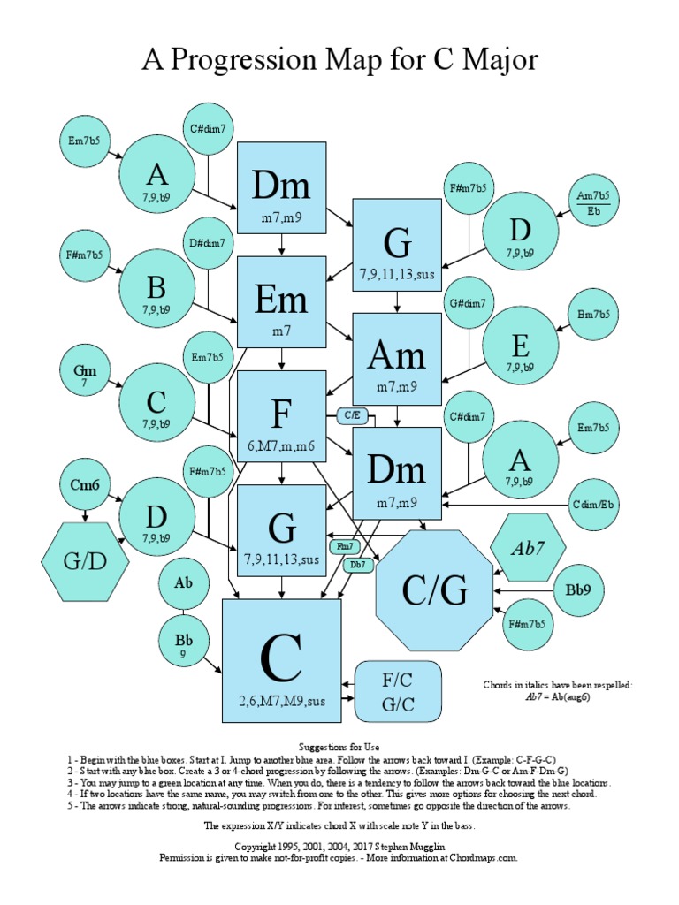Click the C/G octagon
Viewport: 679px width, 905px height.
tap(435, 590)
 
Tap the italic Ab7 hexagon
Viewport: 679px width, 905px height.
tap(528, 547)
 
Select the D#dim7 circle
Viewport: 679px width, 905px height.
tap(208, 243)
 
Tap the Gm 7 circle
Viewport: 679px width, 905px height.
tap(84, 376)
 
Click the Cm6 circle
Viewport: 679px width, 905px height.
tap(84, 485)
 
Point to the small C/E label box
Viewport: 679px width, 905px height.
tap(351, 413)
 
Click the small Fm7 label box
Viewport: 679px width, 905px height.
tap(345, 546)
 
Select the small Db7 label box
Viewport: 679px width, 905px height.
tap(357, 564)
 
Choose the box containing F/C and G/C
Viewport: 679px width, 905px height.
tap(398, 690)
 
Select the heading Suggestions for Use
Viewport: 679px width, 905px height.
tap(339, 747)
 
